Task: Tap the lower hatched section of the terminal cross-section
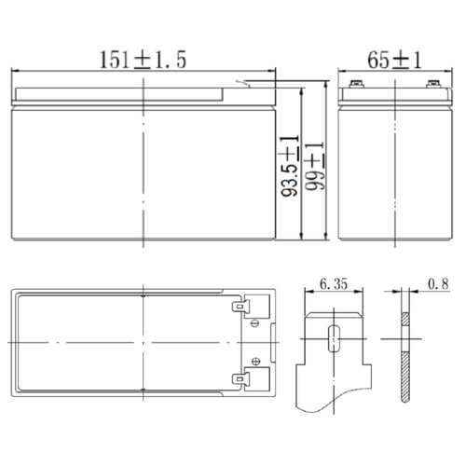[404, 377]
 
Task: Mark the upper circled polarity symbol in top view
[255, 324]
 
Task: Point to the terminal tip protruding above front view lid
[246, 87]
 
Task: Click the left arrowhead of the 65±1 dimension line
[340, 72]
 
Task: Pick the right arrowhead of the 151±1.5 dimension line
[275, 72]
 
